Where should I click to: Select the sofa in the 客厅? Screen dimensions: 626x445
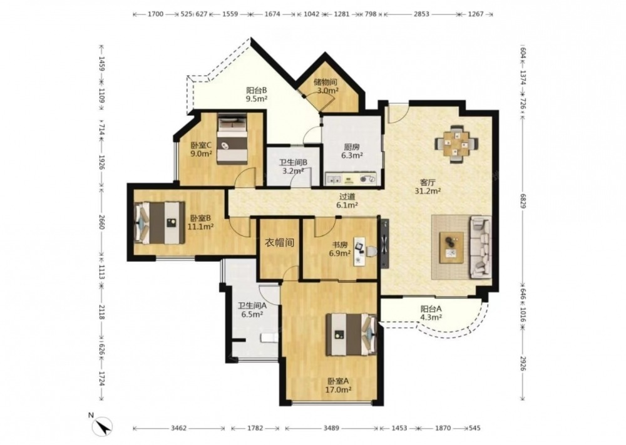480,247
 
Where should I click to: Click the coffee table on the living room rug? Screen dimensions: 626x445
451,247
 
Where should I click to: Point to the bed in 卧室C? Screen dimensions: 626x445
232,138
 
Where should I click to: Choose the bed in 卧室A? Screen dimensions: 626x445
351,334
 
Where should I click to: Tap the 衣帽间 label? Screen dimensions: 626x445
279,243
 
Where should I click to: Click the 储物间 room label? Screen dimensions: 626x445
326,82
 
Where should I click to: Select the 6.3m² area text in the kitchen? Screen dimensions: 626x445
352,155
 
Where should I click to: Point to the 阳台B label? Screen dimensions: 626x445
256,90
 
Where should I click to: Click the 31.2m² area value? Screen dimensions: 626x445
428,191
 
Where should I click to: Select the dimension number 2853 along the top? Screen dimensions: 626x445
421,14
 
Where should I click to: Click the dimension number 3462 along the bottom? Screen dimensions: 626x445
178,428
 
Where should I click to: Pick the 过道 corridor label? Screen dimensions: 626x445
347,197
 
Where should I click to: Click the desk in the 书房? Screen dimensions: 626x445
359,252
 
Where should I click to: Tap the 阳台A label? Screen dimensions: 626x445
431,309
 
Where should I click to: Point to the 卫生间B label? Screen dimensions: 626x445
293,163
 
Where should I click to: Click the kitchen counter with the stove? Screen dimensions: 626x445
351,179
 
